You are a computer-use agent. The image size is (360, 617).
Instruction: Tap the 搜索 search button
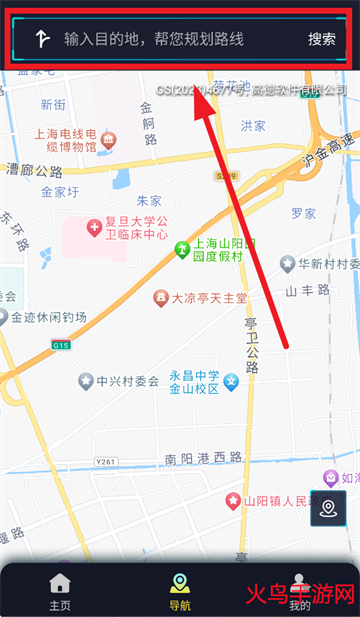coord(321,40)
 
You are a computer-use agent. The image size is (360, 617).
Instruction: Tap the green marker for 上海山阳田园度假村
coord(182,249)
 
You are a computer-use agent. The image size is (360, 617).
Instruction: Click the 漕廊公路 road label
coord(34,171)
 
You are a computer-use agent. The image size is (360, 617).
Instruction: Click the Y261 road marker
coord(106,461)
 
